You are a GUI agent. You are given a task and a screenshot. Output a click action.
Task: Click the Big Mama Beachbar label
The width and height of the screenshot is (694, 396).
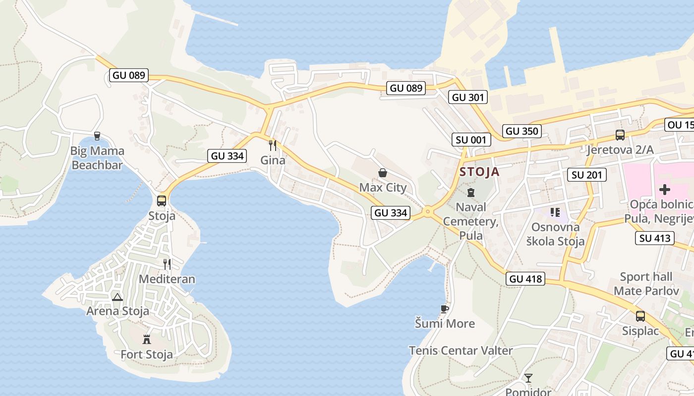[97, 158]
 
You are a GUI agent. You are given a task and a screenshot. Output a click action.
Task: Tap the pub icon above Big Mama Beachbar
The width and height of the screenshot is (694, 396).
[97, 136]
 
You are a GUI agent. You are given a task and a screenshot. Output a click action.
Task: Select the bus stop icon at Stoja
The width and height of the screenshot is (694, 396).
[162, 200]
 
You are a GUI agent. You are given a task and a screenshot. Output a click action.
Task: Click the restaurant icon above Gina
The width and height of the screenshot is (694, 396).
[272, 145]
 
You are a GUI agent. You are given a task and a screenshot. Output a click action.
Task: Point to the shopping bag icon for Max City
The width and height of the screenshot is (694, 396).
[383, 173]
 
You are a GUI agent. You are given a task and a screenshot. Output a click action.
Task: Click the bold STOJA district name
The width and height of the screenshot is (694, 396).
[479, 172]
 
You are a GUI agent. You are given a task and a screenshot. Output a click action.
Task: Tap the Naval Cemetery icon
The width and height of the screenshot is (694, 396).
[471, 192]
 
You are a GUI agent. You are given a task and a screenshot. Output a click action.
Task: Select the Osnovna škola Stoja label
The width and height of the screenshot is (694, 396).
[555, 234]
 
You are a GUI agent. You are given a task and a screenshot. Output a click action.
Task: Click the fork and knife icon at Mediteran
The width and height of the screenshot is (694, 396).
[167, 264]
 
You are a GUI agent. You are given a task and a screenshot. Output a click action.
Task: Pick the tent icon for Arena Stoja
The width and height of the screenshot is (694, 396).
[117, 297]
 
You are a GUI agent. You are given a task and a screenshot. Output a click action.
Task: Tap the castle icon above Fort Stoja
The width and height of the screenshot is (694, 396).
[147, 340]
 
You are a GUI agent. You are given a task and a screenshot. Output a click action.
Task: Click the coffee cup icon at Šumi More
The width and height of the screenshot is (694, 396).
[445, 309]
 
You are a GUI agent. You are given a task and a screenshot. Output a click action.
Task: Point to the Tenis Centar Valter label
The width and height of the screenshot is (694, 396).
[461, 350]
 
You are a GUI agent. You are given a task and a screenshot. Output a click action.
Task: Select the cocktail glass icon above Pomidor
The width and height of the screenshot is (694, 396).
[528, 378]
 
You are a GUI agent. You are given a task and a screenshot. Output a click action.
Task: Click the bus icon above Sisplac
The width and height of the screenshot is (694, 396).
[640, 316]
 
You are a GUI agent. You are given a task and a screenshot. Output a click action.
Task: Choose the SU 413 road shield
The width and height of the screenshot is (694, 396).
[655, 238]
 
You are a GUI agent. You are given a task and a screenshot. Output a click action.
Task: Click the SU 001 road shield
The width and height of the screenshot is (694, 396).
[471, 140]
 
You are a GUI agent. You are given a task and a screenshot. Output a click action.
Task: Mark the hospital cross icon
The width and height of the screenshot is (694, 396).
[665, 190]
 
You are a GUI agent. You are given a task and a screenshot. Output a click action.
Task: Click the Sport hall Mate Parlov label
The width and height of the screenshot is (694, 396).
[646, 284]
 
